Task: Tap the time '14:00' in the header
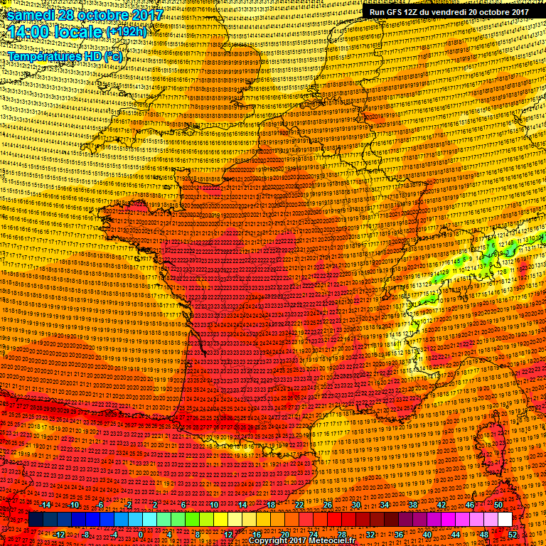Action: [x=28, y=32]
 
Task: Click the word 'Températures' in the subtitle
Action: [x=45, y=55]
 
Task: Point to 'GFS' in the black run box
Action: [x=397, y=11]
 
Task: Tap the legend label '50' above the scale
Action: [x=499, y=504]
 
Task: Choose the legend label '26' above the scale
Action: [x=328, y=504]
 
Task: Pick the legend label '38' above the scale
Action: [x=413, y=504]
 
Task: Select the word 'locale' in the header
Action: [x=79, y=32]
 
